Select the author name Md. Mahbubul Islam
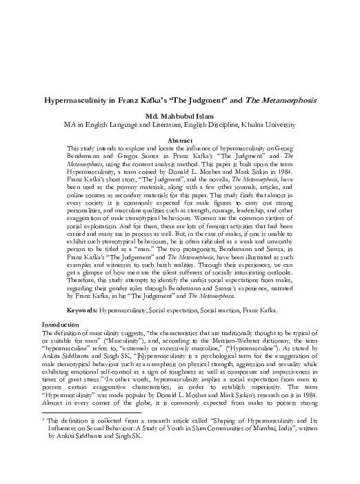pyautogui.click(x=180, y=116)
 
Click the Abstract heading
pyautogui.click(x=180, y=140)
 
